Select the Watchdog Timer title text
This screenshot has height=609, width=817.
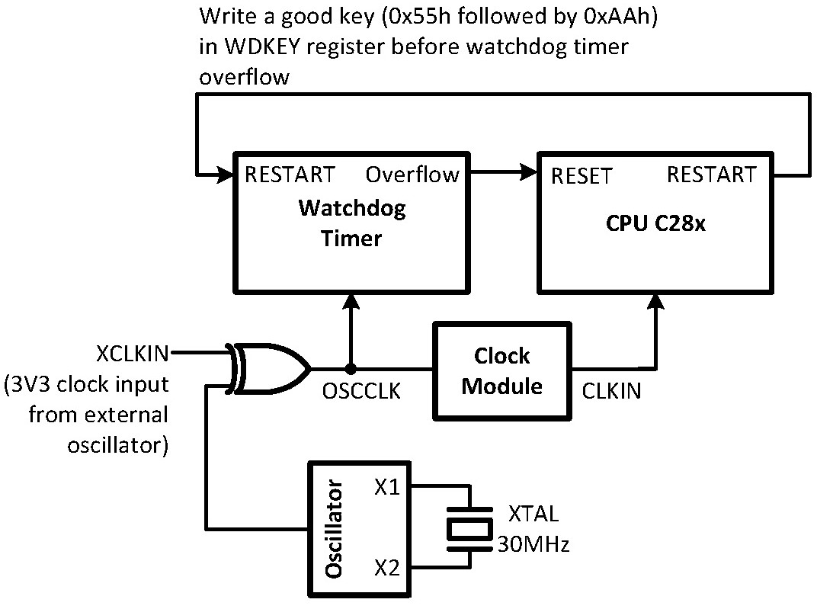coord(351,223)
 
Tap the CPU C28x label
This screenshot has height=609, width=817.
coord(656,224)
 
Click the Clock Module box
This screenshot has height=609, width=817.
coord(501,370)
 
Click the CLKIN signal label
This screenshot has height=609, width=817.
coord(611,391)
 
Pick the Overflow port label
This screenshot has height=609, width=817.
coord(412,175)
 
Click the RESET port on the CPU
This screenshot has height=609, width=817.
coord(581,176)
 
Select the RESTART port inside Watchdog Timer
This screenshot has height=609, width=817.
coord(289,175)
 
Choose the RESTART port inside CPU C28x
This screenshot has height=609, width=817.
coord(712,175)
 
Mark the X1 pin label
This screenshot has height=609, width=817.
coord(387,486)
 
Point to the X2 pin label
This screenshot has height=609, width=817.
coord(387,569)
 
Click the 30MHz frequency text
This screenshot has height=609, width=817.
coord(533,544)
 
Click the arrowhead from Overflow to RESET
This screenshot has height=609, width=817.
coord(527,175)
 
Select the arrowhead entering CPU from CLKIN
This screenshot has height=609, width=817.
coord(654,302)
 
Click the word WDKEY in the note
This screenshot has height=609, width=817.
coord(258,46)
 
